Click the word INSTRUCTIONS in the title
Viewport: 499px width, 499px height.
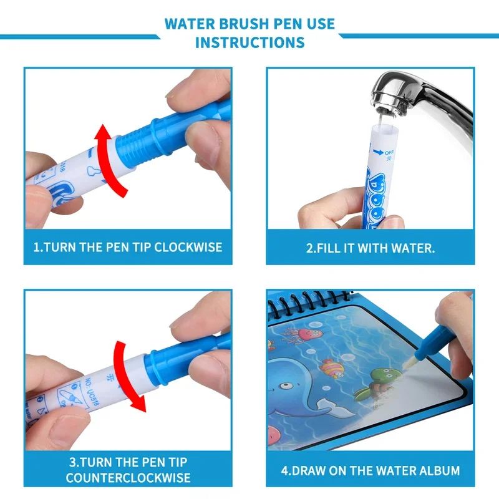click(249, 42)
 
